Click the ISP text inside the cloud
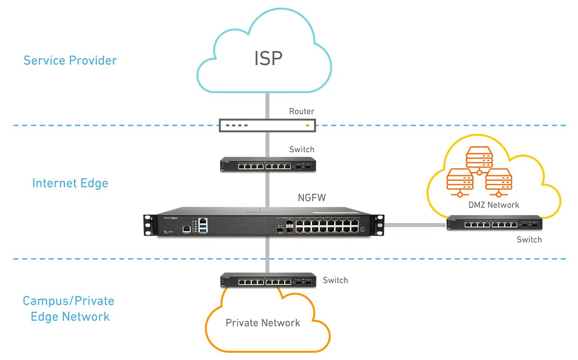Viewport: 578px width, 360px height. tap(268, 58)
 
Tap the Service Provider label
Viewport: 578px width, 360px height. tap(70, 60)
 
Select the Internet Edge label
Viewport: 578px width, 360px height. tap(70, 183)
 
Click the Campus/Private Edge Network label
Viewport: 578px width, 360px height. tap(68, 309)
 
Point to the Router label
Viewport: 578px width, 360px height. tap(301, 111)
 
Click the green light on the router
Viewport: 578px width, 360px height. tap(308, 125)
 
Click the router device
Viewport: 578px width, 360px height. tap(267, 125)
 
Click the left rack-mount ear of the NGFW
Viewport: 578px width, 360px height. tap(150, 225)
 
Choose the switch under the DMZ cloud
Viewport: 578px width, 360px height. tap(494, 223)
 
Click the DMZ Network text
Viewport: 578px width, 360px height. tap(494, 205)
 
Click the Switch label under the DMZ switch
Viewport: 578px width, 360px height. tap(529, 240)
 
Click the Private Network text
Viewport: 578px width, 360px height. tap(263, 323)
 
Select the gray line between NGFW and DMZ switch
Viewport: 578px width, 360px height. tap(414, 224)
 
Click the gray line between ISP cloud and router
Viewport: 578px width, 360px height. tap(267, 105)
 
